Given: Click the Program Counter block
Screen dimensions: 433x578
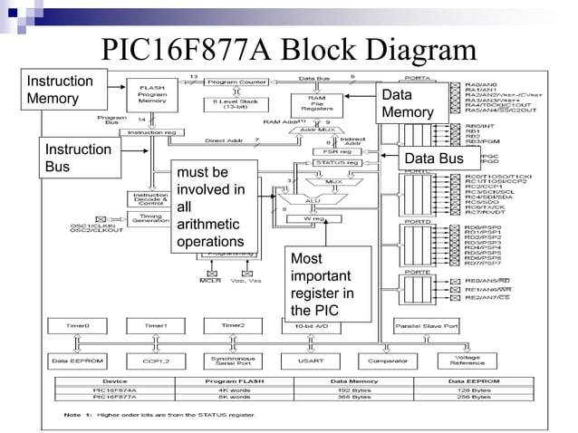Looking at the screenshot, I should click(x=235, y=82).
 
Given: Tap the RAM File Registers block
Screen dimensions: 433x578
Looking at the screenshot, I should click(x=317, y=105).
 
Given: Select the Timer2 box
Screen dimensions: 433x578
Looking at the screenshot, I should click(x=234, y=324).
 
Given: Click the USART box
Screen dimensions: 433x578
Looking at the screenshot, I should click(x=311, y=361).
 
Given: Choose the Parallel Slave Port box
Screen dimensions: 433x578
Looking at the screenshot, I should click(x=426, y=324).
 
